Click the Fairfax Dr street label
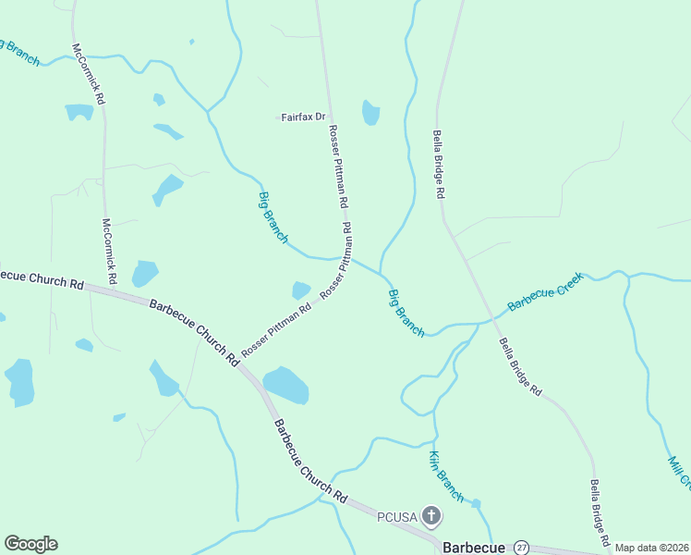(x=304, y=117)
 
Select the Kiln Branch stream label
(x=446, y=475)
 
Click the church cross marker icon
(x=430, y=515)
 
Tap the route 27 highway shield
(x=522, y=547)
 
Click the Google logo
(x=30, y=544)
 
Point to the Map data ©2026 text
(x=652, y=548)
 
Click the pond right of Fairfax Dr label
(x=371, y=113)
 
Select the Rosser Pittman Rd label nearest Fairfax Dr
(x=338, y=166)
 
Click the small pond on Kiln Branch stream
(x=476, y=504)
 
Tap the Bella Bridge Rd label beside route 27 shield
(x=600, y=512)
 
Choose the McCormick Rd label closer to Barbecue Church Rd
(x=109, y=251)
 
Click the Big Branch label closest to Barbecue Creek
(x=406, y=313)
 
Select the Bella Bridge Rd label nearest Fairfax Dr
(x=440, y=165)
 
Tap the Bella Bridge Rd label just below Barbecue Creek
(x=520, y=367)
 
